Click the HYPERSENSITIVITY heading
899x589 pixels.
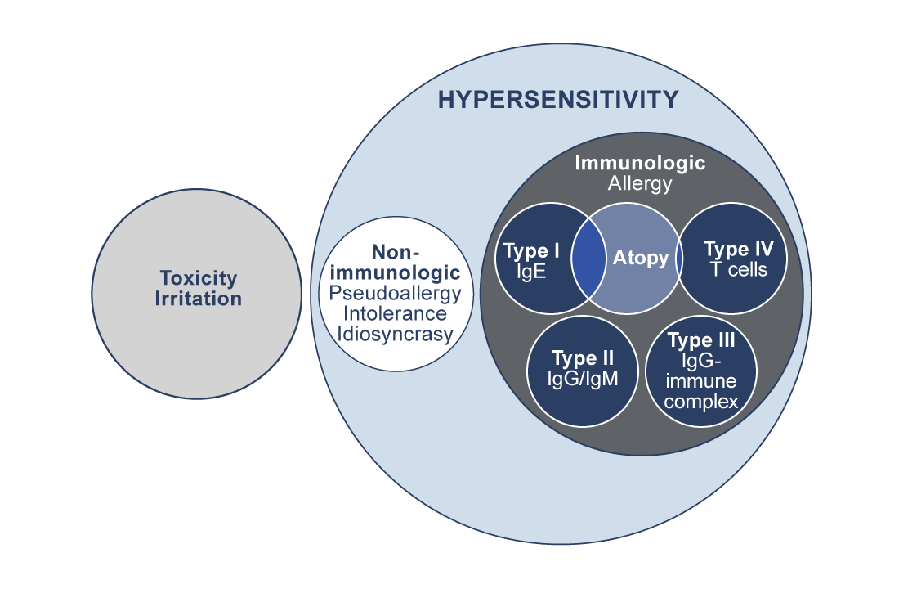coord(558,100)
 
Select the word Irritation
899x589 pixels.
coord(199,299)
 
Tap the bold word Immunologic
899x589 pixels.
coord(640,162)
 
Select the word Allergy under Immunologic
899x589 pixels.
coord(640,183)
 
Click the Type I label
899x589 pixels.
coord(531,250)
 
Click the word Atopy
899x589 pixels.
coord(640,259)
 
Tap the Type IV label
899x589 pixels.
coord(738,249)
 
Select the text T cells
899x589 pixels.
coord(738,269)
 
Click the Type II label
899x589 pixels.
coord(583,357)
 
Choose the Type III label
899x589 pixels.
coord(702,340)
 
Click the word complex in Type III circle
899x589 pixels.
coord(702,402)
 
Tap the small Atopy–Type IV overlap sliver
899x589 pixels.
coord(680,259)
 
